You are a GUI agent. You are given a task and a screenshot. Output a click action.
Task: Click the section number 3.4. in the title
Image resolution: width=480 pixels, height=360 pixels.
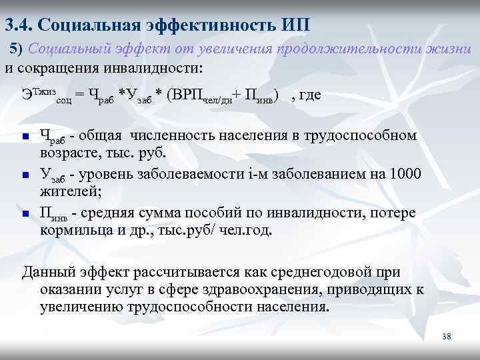tap(19, 25)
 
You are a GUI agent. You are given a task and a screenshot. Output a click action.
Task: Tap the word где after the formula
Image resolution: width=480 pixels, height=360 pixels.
tap(309, 94)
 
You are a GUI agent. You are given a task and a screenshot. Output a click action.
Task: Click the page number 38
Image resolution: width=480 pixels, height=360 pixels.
tap(447, 337)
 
